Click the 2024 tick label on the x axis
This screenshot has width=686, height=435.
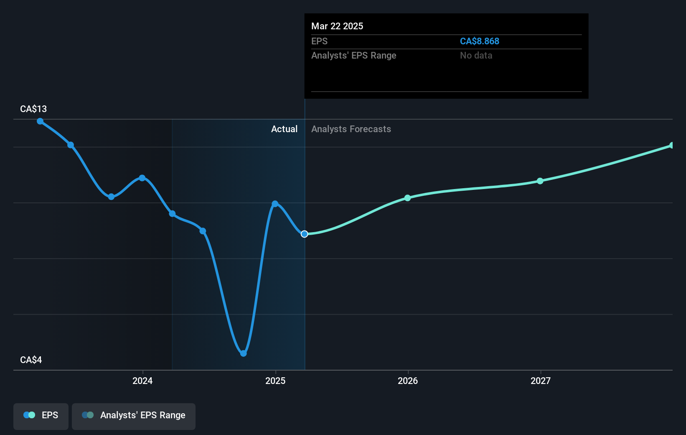pos(142,381)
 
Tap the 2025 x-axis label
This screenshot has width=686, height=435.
pos(275,381)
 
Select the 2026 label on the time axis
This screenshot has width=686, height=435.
pos(408,381)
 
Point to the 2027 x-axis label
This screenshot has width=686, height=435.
pos(540,381)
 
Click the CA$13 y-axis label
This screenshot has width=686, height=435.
pos(33,109)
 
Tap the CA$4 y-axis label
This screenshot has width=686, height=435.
pos(31,360)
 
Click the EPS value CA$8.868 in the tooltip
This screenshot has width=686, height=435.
pos(479,41)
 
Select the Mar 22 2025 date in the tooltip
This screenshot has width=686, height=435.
pos(337,26)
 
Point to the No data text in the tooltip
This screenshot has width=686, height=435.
pos(476,56)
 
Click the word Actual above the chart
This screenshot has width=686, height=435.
pos(284,129)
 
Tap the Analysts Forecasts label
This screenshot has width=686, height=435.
pos(351,129)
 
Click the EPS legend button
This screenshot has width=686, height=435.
pos(41,415)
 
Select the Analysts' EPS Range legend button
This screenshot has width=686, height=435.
pos(134,415)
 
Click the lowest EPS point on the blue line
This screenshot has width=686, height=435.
pos(244,354)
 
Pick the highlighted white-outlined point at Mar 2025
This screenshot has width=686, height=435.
pos(305,234)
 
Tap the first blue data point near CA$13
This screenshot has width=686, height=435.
pos(40,121)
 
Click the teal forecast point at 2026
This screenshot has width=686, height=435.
pos(408,198)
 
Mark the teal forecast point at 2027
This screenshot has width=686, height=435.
pos(540,181)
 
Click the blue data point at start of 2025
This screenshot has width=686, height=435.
pos(275,204)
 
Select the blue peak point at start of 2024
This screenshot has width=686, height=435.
pos(142,178)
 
